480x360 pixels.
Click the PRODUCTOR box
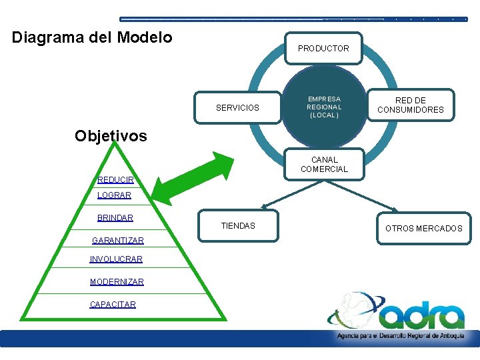[323, 48]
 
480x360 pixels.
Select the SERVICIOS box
[237, 107]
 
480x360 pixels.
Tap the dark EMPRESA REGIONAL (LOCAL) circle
[324, 107]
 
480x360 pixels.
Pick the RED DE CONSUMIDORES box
[410, 105]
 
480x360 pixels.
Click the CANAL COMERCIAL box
[324, 165]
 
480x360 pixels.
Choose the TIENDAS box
[238, 226]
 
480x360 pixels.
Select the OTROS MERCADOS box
[423, 228]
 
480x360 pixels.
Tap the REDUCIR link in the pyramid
[115, 180]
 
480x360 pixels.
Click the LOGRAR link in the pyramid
[114, 195]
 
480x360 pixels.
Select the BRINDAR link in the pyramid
[115, 218]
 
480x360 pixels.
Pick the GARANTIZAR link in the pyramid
[117, 240]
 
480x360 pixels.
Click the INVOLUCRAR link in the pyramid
[116, 259]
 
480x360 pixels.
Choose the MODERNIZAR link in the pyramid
[117, 282]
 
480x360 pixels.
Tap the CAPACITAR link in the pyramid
[113, 305]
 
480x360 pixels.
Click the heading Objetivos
[111, 136]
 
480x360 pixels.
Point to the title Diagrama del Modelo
[92, 37]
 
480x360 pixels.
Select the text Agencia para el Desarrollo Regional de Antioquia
[400, 337]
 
